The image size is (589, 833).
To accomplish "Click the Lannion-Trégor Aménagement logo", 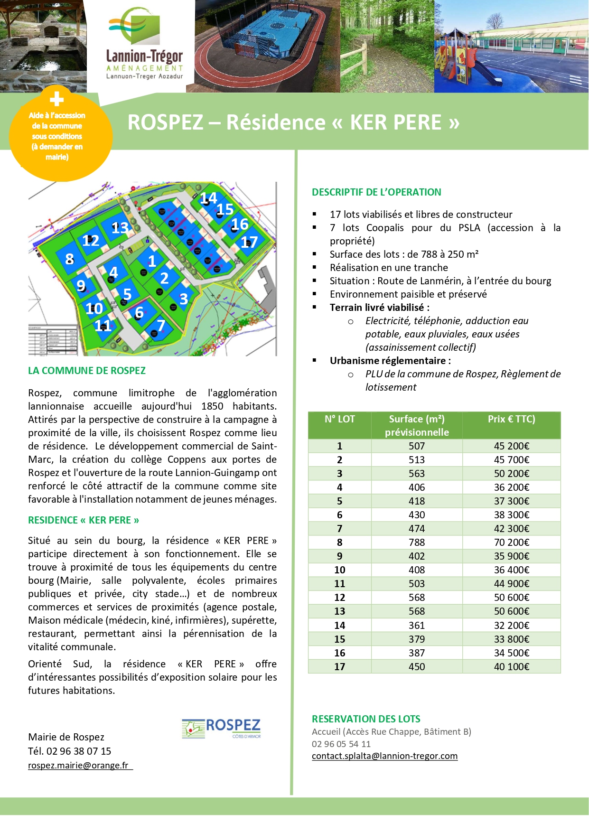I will [x=144, y=46].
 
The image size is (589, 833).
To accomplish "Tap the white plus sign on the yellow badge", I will [x=57, y=99].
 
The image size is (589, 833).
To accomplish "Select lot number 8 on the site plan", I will [x=70, y=259].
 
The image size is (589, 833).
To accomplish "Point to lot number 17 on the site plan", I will [x=249, y=243].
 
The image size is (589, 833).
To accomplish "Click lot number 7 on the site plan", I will [x=161, y=325].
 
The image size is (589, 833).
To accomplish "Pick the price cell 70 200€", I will [x=511, y=542].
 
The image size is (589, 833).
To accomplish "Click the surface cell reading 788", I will [x=416, y=542].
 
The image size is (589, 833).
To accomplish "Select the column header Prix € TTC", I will [x=511, y=419].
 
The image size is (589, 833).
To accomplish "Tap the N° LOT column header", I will [x=339, y=419].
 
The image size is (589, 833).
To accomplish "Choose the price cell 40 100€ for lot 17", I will [x=511, y=666].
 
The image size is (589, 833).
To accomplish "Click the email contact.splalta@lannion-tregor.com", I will [x=384, y=756].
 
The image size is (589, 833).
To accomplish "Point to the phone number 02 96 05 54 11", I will [x=341, y=744].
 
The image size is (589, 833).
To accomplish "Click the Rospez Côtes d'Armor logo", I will [x=221, y=728].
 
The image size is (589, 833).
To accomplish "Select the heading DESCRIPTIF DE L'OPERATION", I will [x=376, y=192].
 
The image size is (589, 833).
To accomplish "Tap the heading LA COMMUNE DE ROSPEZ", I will [x=87, y=371].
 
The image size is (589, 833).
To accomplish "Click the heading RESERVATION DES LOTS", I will [x=366, y=719].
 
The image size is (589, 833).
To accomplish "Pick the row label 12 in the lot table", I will [x=339, y=597].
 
